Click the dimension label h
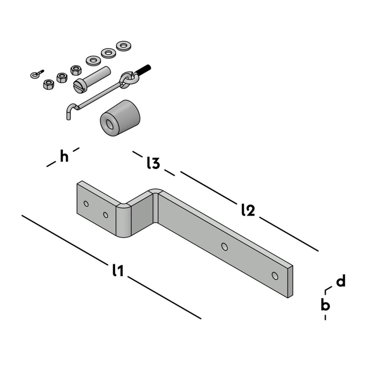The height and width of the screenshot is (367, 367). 64,157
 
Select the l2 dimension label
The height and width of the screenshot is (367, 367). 248,210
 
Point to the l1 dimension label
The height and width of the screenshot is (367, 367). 117,270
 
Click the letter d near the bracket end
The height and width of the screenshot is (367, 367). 341,281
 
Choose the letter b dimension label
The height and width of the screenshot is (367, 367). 325,305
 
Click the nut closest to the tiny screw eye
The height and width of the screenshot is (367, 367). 48,84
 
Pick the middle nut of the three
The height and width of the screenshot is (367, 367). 62,77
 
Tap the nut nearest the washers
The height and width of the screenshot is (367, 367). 76,70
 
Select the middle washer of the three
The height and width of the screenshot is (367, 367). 108,53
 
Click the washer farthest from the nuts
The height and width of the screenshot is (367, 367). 124,46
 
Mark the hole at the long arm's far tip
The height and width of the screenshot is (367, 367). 275,275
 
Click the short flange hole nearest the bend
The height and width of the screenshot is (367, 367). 106,215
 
